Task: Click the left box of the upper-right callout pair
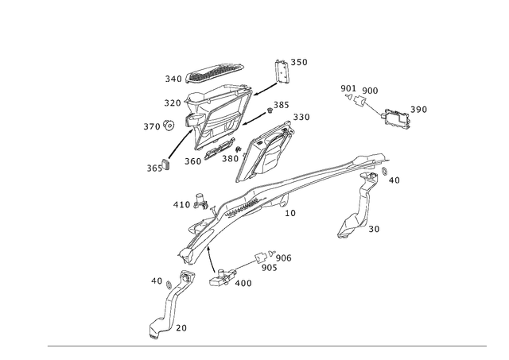pos(347,87)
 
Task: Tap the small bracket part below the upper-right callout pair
pos(394,117)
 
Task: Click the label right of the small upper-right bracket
pos(419,108)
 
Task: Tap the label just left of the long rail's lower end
pos(179,204)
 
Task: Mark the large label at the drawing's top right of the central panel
pos(291,62)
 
